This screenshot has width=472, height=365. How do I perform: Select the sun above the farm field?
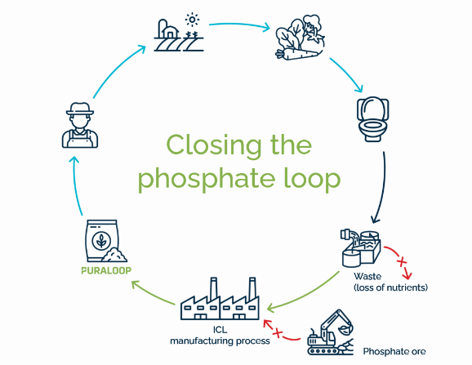[193, 18]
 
